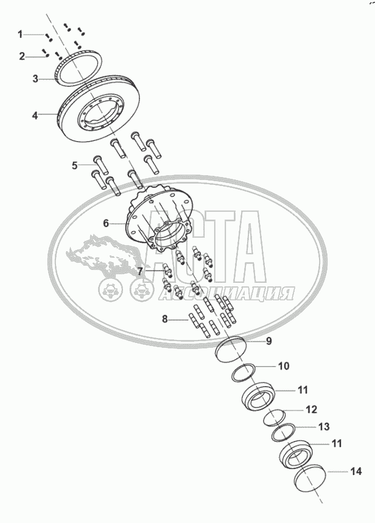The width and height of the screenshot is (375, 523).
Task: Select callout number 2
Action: point(22,57)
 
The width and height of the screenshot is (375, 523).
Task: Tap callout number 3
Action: point(35,78)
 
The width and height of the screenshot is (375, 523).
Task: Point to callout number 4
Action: point(35,114)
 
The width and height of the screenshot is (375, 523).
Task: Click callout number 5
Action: point(75,165)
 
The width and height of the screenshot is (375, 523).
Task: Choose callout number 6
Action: point(106,224)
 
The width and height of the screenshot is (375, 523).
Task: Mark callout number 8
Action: point(164,319)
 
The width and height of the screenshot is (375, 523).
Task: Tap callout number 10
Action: point(284,366)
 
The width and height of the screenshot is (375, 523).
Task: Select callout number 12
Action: point(312,409)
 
